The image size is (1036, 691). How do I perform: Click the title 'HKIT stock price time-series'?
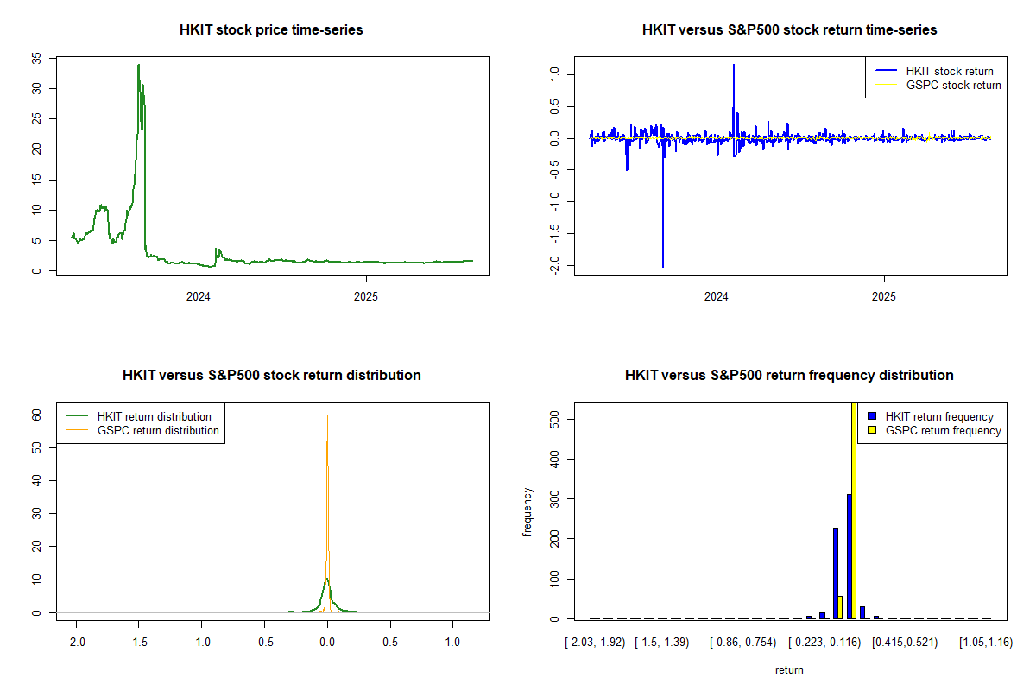tap(271, 30)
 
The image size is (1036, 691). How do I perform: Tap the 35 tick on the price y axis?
tap(36, 58)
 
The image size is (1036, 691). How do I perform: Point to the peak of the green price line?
tap(138, 65)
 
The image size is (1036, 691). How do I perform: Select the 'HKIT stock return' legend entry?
tap(949, 71)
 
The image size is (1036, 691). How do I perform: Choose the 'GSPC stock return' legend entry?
tap(953, 85)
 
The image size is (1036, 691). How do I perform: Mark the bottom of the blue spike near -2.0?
tap(663, 267)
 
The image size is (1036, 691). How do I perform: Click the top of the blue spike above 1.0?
tap(734, 65)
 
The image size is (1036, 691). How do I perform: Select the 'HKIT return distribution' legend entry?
tap(154, 416)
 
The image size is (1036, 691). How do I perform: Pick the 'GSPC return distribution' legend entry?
tap(158, 430)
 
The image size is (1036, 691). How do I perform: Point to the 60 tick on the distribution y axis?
tap(37, 415)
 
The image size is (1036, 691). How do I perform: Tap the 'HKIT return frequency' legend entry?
tap(939, 416)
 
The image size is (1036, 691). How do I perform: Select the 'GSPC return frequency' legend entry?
tap(943, 430)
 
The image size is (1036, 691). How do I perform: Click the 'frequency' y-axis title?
tap(528, 512)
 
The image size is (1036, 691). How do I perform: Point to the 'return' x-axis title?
tap(789, 669)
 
